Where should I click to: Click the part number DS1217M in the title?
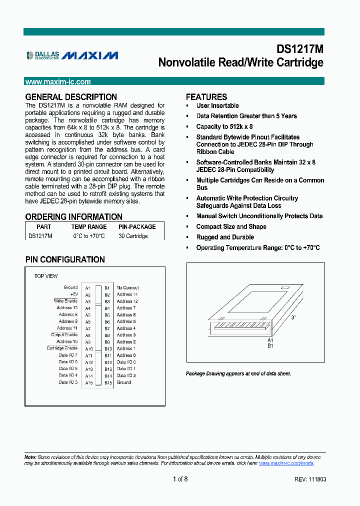(300, 49)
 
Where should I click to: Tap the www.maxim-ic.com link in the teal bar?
(58, 82)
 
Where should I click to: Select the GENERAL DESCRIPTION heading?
(71, 97)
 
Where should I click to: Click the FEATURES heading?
(206, 97)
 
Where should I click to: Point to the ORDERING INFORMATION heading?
(73, 217)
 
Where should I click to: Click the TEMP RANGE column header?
(89, 226)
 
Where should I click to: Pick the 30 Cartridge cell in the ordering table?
(133, 236)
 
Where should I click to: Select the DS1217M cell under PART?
(40, 236)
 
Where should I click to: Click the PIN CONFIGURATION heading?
(65, 259)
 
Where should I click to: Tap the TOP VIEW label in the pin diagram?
(45, 276)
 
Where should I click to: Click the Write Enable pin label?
(65, 301)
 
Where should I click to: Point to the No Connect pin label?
(127, 287)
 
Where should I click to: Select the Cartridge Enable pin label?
(62, 348)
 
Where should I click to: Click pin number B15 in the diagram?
(107, 382)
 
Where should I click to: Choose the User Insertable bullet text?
(217, 106)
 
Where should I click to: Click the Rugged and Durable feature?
(225, 237)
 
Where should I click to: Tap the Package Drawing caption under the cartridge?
(238, 373)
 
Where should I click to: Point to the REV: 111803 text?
(310, 479)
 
